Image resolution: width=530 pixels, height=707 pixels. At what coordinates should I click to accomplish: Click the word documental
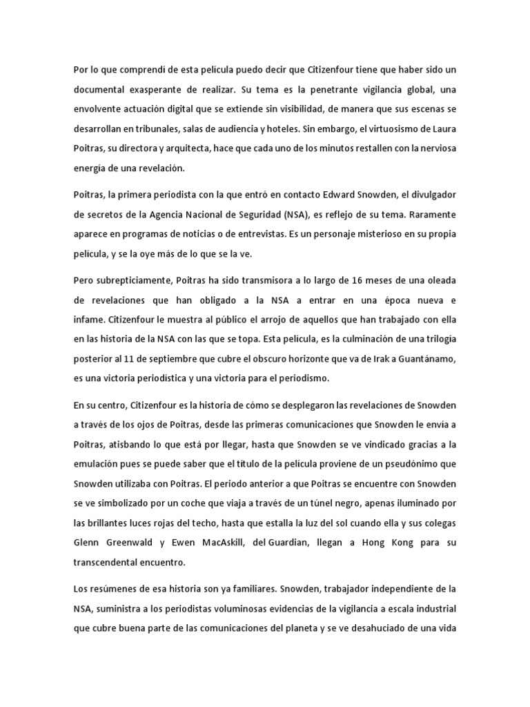(101, 90)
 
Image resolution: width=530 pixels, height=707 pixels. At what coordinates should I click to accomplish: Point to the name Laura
(438, 128)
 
